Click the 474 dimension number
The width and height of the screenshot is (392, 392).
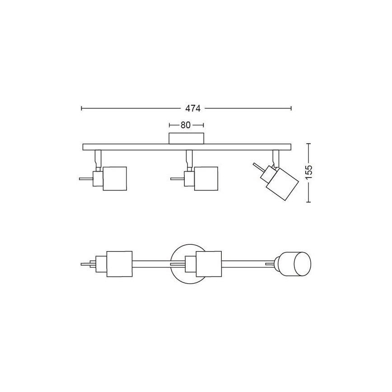click(193, 108)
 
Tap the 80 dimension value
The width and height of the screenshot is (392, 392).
click(186, 125)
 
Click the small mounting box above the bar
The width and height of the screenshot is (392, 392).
click(186, 139)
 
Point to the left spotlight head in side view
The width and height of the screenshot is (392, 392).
click(114, 178)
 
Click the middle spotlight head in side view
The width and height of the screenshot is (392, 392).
click(206, 178)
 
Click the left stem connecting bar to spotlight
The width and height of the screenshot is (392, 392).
click(98, 159)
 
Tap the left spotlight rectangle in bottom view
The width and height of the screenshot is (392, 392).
click(119, 264)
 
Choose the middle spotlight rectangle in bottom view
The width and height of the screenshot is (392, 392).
click(208, 264)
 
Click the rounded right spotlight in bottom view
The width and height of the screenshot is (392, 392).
click(295, 263)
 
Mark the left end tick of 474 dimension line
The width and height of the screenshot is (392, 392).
click(81, 108)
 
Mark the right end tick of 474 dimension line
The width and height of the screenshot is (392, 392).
click(291, 108)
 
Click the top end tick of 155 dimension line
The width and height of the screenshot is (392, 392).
click(309, 144)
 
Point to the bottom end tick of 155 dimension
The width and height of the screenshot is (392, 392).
click(309, 202)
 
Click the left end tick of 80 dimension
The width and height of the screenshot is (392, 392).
click(169, 125)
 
